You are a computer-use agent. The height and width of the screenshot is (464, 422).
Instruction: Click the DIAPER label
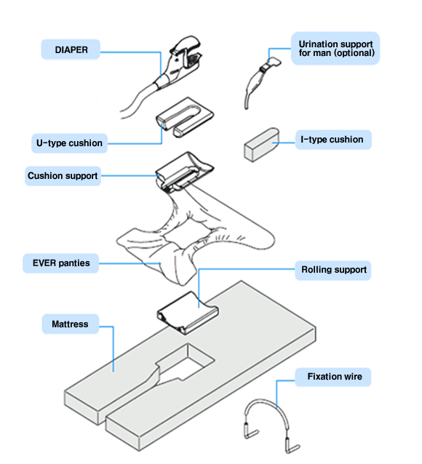point(71,49)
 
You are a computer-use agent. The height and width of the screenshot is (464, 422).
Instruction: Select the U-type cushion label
point(69,143)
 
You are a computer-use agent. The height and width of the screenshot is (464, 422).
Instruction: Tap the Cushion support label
point(63,176)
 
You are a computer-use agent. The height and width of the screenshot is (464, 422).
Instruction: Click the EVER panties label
point(61,263)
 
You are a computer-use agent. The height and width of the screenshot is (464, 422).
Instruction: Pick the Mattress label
point(70,324)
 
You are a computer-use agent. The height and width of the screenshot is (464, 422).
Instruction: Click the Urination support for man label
point(335,49)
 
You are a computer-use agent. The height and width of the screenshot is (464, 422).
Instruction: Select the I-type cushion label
point(333,140)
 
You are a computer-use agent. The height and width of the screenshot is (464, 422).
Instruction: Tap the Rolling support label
point(333,270)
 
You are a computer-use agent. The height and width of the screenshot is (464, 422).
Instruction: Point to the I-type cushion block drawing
point(261,145)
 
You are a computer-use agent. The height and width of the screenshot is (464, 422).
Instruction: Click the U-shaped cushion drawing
point(185,117)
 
